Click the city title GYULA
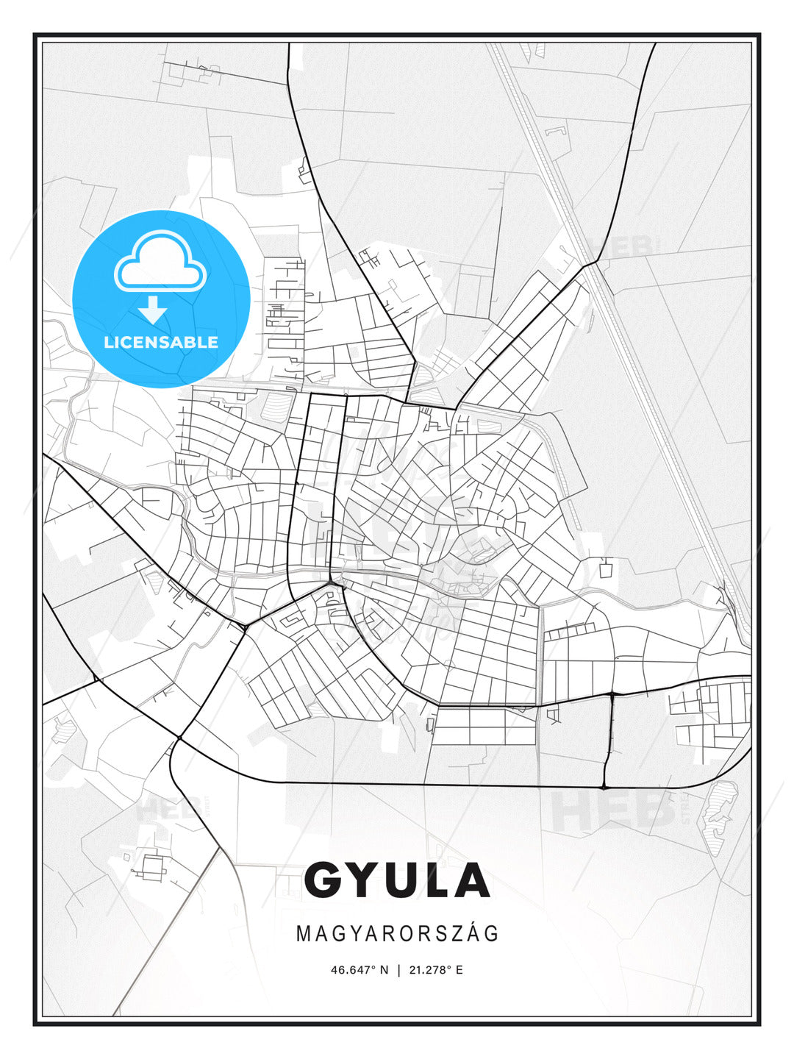[x=397, y=881]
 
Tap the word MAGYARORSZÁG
[x=397, y=934]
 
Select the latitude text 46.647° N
[x=359, y=970]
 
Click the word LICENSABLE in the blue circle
[x=161, y=342]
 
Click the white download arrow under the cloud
[x=153, y=310]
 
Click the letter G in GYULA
[x=326, y=881]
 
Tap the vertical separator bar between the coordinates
[x=398, y=970]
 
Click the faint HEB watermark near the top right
[x=621, y=246]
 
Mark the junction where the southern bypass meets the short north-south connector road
[x=604, y=787]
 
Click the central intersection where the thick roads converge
[x=332, y=583]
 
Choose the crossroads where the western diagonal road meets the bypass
[x=179, y=737]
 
